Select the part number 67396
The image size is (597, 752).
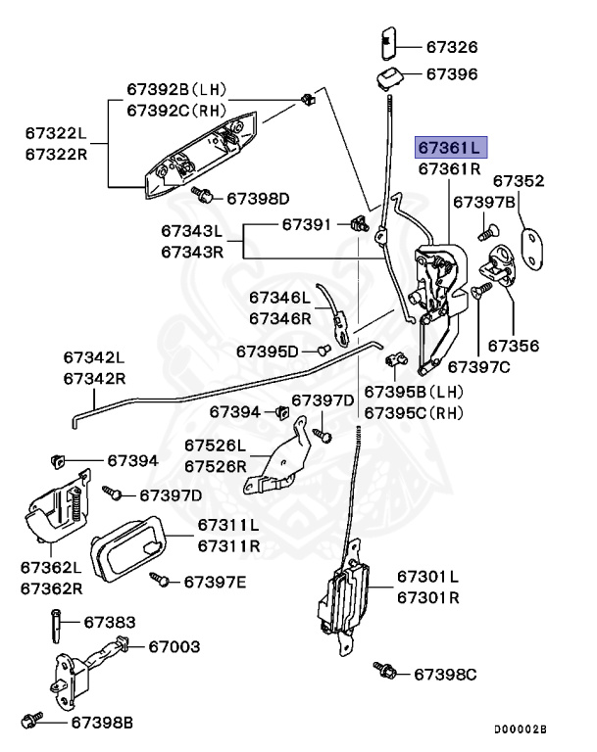tap(451, 74)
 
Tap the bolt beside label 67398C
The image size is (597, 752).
tap(386, 671)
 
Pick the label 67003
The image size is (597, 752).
tap(174, 646)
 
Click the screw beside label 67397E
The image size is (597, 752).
tap(159, 581)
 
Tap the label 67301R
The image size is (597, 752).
tap(428, 595)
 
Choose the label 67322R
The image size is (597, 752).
tap(56, 155)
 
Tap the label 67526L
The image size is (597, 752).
tap(216, 447)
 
